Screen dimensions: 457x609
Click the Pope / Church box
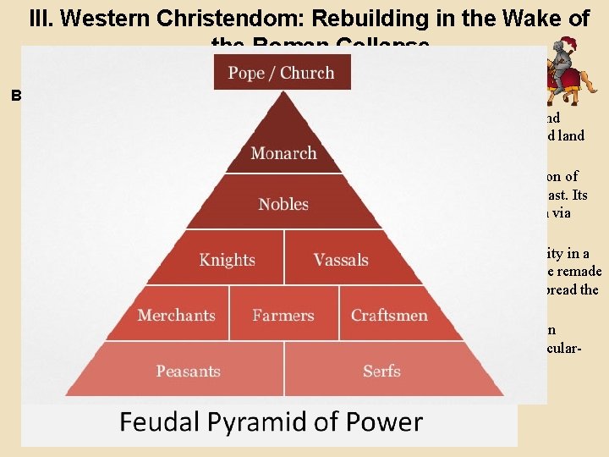coord(283,73)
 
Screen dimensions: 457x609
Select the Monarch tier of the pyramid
coord(283,153)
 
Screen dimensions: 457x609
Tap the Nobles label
coord(283,204)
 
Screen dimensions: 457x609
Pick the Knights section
coord(227,259)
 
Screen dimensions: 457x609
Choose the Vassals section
coord(341,259)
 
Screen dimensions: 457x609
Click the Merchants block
coord(176,315)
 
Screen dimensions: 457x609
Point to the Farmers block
coord(283,315)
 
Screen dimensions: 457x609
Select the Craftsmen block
coord(389,315)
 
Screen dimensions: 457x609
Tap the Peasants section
coord(188,371)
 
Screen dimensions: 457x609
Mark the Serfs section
coord(381,371)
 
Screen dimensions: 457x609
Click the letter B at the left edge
coord(16,96)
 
